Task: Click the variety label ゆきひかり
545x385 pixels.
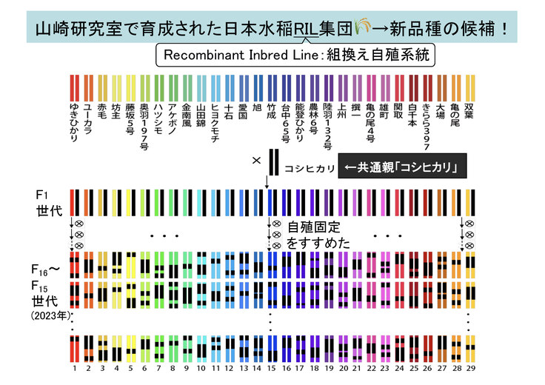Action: pyautogui.click(x=74, y=122)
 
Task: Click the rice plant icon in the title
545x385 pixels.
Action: pyautogui.click(x=362, y=27)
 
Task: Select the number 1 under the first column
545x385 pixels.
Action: pyautogui.click(x=74, y=367)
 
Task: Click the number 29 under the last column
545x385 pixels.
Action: pyautogui.click(x=469, y=367)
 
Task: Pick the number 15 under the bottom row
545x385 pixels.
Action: pyautogui.click(x=272, y=367)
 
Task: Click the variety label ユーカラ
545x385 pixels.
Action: pyautogui.click(x=88, y=118)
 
